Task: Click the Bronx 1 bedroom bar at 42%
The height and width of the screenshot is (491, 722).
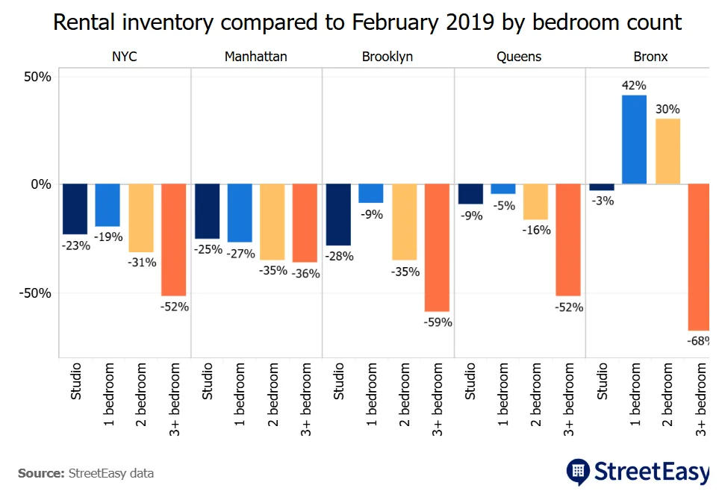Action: click(x=634, y=140)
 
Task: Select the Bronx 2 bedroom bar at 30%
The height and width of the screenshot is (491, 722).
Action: click(x=667, y=151)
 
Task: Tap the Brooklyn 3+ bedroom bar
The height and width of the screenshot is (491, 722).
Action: click(x=437, y=248)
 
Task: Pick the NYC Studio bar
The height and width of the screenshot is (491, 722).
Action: click(x=75, y=209)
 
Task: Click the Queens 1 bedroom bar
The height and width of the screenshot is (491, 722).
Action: click(x=502, y=190)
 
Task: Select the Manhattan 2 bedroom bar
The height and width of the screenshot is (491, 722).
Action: click(x=273, y=222)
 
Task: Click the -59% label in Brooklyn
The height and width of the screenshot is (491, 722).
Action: click(x=437, y=322)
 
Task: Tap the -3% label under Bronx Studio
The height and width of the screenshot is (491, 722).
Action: click(x=602, y=201)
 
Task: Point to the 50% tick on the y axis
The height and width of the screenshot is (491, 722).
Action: click(x=36, y=77)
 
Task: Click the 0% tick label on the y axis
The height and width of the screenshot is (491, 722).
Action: click(x=40, y=184)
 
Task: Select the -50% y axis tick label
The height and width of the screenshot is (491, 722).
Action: click(x=34, y=293)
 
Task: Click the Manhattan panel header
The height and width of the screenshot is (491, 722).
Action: click(x=255, y=57)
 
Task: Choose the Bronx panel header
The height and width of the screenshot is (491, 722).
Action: click(x=650, y=57)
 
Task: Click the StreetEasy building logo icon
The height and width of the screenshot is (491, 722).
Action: click(x=577, y=471)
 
